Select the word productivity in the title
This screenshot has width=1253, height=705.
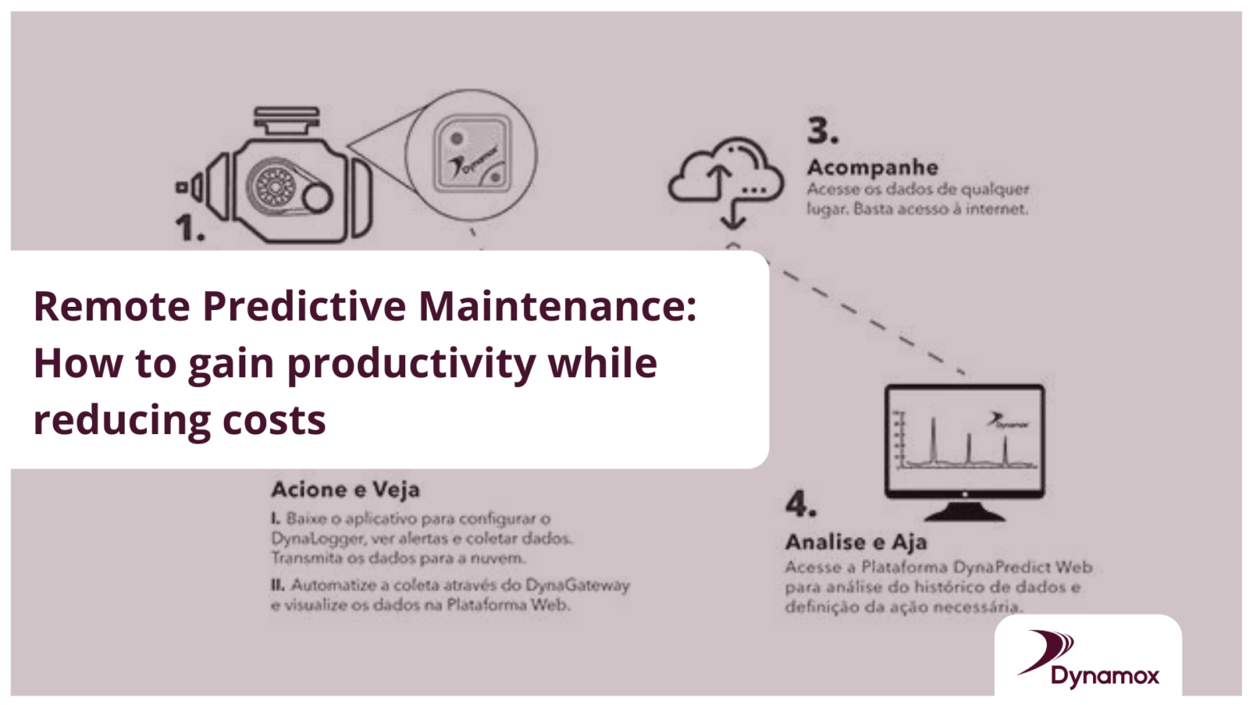(412, 364)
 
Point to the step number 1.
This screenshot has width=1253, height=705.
(189, 229)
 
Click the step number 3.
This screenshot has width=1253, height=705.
(822, 131)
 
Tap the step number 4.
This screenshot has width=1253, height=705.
(801, 504)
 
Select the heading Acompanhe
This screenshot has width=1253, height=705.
(872, 167)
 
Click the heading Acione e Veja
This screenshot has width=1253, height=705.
(345, 489)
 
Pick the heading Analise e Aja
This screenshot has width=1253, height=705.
(856, 542)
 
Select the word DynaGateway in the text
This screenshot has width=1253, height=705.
(577, 585)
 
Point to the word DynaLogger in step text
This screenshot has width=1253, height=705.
(316, 538)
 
